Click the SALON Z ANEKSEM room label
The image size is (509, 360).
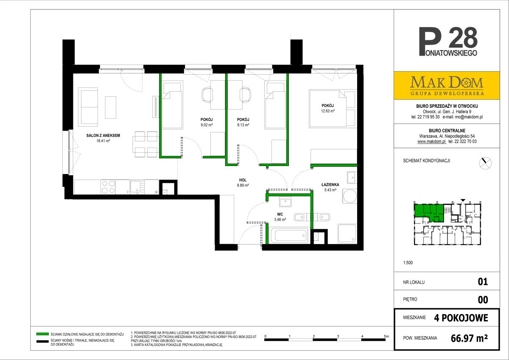click(103, 135)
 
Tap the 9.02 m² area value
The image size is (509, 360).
click(207, 125)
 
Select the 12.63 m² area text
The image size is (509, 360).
click(327, 111)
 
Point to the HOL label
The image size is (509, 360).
click(243, 180)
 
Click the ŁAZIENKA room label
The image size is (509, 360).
click(330, 185)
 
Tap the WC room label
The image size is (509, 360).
click(280, 214)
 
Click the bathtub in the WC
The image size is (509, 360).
click(288, 236)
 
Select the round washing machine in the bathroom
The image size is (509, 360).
click(350, 196)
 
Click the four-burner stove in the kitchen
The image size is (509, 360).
click(108, 187)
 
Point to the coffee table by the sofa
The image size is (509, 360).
click(110, 107)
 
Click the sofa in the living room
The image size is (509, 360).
click(88, 107)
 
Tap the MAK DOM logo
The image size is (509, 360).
click(447, 85)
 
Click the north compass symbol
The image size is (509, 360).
click(485, 163)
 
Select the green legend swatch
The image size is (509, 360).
click(42, 334)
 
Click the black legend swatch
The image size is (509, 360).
click(42, 341)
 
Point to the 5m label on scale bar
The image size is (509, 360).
click(386, 336)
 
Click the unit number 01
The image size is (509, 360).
click(483, 282)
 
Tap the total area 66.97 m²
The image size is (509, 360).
click(469, 338)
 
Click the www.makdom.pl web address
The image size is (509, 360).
click(432, 141)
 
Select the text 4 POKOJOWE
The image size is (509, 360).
click(461, 318)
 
